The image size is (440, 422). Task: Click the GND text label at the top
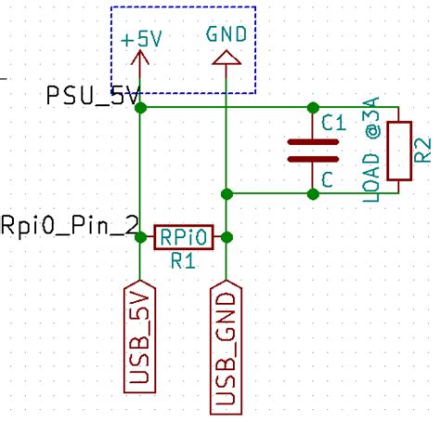tap(226, 34)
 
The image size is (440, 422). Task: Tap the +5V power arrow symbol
tap(140, 63)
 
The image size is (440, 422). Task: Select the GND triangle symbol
tap(226, 59)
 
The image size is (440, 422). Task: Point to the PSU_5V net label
tap(93, 95)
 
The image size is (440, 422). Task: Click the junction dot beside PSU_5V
tap(140, 108)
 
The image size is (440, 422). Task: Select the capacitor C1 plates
tap(313, 151)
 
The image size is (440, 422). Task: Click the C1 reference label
tap(332, 122)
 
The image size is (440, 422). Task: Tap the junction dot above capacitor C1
tap(313, 108)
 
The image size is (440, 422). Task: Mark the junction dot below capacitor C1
tap(313, 193)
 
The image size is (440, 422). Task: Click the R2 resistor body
tap(399, 151)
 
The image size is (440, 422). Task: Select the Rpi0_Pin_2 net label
tap(70, 224)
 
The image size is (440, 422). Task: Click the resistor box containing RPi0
tap(183, 237)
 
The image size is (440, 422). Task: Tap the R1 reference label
tap(182, 261)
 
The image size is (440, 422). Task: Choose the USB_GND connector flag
tap(226, 346)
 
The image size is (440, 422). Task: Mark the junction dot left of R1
tap(140, 238)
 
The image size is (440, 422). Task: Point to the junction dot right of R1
tap(226, 238)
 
